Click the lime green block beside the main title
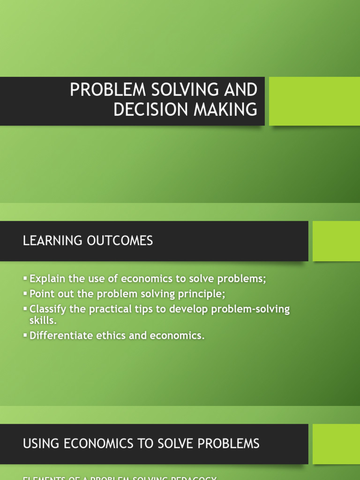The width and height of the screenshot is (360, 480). pyautogui.click(x=314, y=101)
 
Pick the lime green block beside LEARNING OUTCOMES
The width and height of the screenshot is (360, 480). pyautogui.click(x=336, y=241)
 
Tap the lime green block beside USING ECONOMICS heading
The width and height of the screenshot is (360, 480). pyautogui.click(x=336, y=444)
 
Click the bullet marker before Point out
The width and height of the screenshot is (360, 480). pyautogui.click(x=25, y=294)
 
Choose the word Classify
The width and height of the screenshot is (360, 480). pyautogui.click(x=48, y=309)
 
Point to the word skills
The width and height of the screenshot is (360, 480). pyautogui.click(x=43, y=321)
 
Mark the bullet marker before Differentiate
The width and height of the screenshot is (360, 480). pyautogui.click(x=25, y=336)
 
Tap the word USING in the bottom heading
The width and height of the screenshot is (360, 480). pyautogui.click(x=40, y=443)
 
